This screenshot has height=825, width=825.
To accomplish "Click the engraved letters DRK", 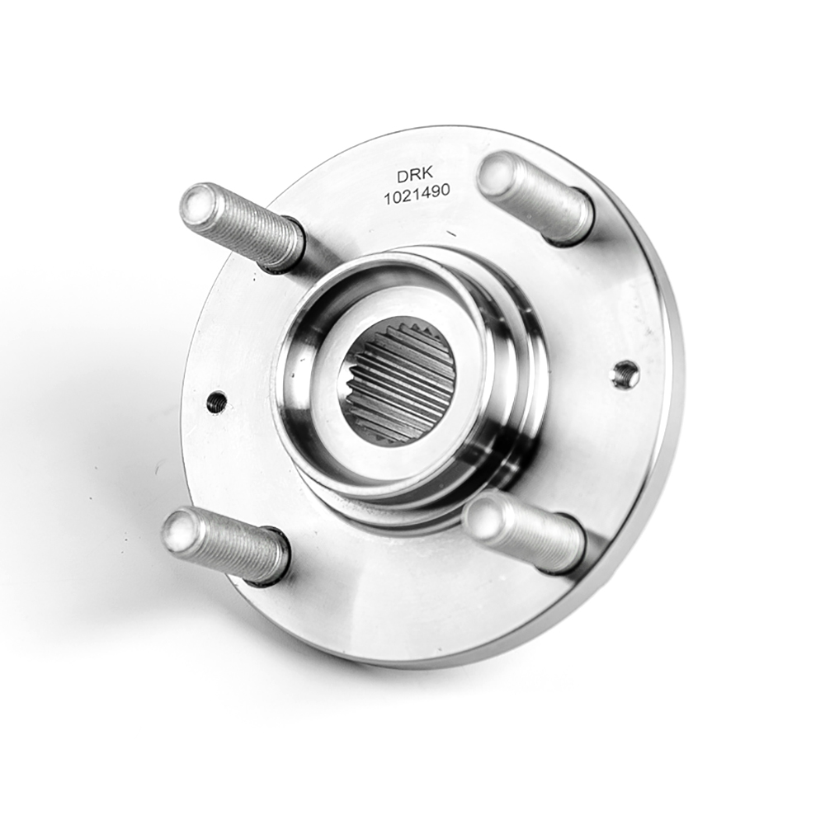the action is (413, 177).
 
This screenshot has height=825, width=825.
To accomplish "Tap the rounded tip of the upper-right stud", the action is (497, 172).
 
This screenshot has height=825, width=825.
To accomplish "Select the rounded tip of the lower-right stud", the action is (484, 517).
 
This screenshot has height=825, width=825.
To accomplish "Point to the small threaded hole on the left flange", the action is (216, 404).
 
